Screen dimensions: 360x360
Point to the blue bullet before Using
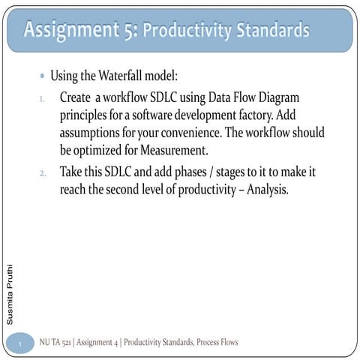(x=42, y=76)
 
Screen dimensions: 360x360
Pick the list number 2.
(x=43, y=173)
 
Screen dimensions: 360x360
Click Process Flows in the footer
(x=217, y=343)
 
